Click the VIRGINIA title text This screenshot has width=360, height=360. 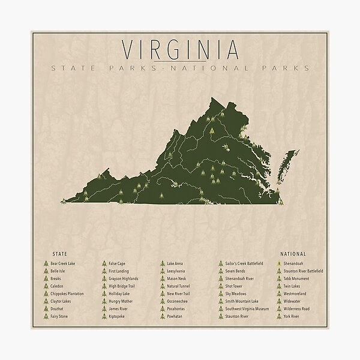tap(179, 49)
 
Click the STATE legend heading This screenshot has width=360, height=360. tap(60, 254)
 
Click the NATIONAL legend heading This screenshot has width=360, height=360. tap(293, 254)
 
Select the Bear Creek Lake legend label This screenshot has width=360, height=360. tap(63, 263)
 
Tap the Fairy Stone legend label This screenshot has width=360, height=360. tap(59, 316)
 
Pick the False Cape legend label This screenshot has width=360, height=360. tap(117, 263)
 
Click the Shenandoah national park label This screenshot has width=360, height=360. tap(296, 263)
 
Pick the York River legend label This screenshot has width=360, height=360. tap(293, 316)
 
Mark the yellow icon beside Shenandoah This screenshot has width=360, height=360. tap(279, 263)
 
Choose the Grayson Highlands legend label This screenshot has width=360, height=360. tap(123, 278)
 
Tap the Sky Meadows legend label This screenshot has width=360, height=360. tap(236, 294)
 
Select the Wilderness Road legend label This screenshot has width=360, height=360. tap(298, 309)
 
